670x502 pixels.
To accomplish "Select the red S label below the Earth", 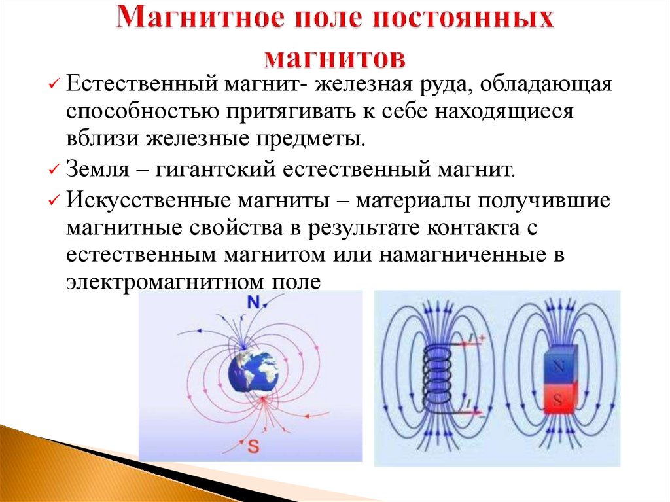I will pyautogui.click(x=253, y=448).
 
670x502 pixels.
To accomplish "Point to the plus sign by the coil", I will pyautogui.click(x=482, y=338).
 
